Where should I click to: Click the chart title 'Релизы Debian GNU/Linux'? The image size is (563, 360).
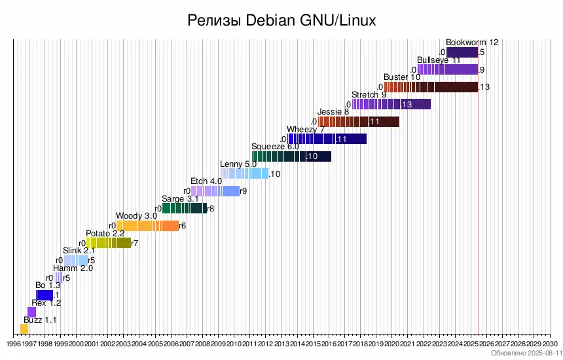pos(281,20)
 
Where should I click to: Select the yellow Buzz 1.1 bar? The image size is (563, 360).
pos(24,329)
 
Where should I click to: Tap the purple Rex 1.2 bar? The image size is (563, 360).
pos(31,312)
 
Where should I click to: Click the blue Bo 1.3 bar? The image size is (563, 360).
pos(45,295)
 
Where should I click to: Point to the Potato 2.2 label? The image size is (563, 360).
pos(105,233)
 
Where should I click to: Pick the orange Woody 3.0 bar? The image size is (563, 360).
pos(147,226)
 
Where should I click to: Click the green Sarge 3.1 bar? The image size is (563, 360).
pos(184,208)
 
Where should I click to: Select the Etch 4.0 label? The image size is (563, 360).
pos(206,181)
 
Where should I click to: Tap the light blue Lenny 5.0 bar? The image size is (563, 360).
pos(245,173)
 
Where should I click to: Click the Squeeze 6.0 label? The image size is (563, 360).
pos(275,147)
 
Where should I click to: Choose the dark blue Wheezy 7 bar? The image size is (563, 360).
pos(327,139)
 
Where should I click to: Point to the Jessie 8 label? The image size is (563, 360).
pos(333,112)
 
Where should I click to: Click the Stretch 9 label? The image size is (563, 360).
pos(369,95)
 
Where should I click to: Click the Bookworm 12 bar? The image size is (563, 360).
pos(462,52)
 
